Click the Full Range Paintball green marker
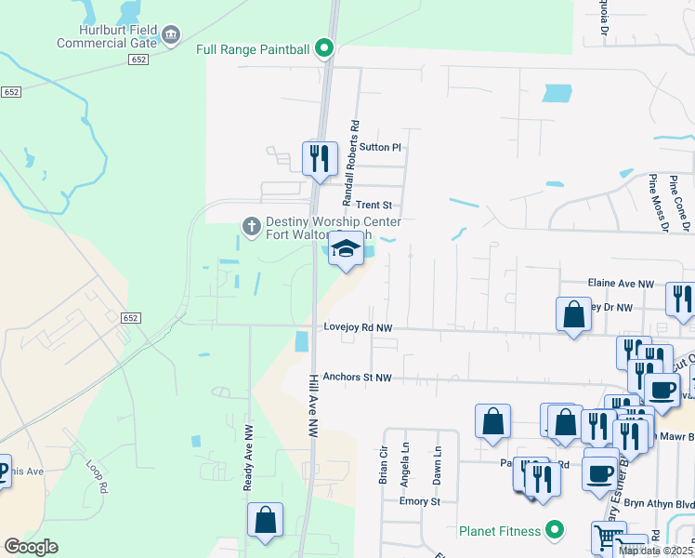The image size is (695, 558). point(323,47)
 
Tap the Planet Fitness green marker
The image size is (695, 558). point(555,531)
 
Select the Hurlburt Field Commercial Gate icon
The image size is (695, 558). point(171,35)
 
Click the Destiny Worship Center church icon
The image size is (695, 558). point(250,225)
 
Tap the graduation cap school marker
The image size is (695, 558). point(347,248)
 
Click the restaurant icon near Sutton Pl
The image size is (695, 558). point(320,157)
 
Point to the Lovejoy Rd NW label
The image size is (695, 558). point(359,327)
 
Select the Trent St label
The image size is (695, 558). point(374,205)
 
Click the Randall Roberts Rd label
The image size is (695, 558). point(350,163)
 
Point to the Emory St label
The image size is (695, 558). point(419,501)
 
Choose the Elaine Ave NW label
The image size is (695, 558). point(621,283)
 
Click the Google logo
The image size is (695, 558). point(31,547)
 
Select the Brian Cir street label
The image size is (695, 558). point(383,464)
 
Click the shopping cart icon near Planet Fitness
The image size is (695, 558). point(609,537)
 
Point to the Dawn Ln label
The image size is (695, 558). point(437,464)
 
